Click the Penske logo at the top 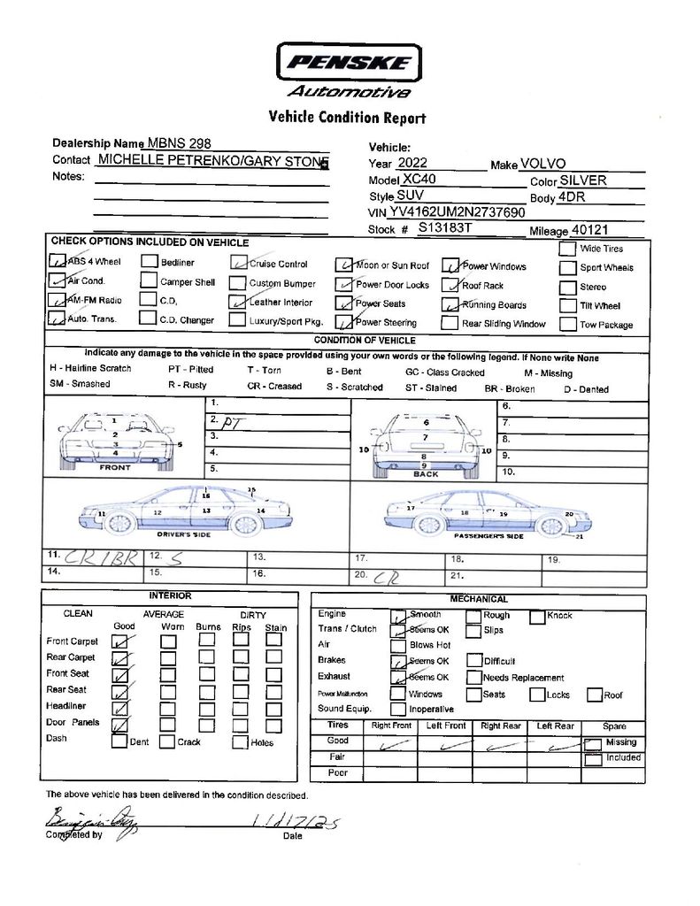point(350,63)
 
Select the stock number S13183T point(445,227)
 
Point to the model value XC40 point(419,179)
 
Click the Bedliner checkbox point(149,262)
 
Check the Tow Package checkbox point(567,324)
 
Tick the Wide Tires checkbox point(567,249)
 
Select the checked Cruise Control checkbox point(237,263)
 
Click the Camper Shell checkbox point(149,282)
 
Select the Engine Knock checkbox point(537,617)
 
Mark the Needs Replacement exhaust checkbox point(474,677)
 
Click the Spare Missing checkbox point(592,744)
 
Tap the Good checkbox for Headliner point(119,708)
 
